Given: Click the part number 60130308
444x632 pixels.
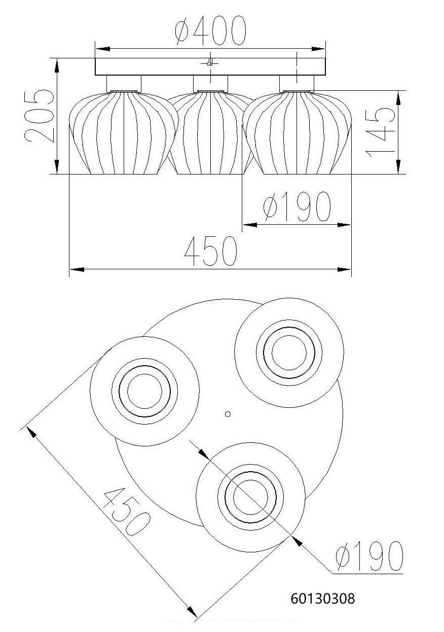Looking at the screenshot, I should [x=323, y=599].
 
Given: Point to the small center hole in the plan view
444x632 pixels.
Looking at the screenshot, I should [x=228, y=414].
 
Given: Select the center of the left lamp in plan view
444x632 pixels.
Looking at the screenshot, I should [x=144, y=391].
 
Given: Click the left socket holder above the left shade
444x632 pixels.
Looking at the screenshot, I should [x=124, y=83].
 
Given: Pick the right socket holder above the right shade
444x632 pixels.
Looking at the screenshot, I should [x=297, y=83].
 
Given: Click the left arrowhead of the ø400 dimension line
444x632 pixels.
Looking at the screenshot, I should [x=101, y=49].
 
